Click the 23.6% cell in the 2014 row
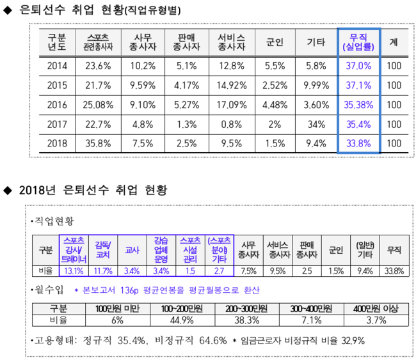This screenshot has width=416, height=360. [x=99, y=66]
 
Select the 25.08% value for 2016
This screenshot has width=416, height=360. [x=99, y=105]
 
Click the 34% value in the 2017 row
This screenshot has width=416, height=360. [x=317, y=125]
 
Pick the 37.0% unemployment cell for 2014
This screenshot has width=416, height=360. [x=359, y=66]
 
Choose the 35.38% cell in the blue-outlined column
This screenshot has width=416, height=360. [x=359, y=105]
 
